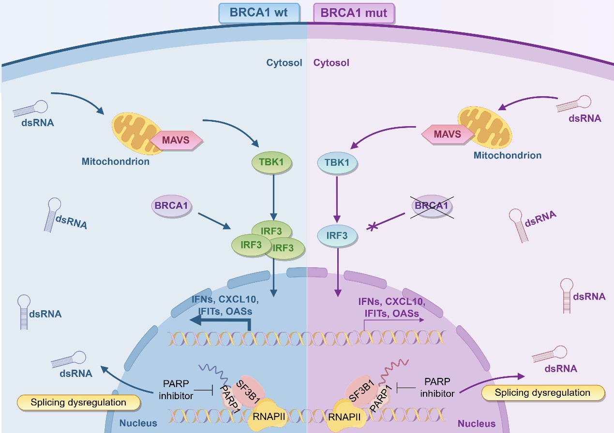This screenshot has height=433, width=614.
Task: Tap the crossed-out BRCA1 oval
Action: coord(432,206)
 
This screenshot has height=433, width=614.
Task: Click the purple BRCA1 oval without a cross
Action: coord(171,206)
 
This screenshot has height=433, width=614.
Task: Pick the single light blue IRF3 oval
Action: coord(337,236)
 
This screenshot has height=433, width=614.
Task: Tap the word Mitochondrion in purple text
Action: coord(507,155)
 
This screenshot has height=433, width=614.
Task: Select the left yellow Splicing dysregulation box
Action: coord(78,402)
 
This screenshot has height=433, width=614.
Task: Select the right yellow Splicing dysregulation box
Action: coord(543,393)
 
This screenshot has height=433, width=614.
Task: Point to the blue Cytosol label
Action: coord(284,63)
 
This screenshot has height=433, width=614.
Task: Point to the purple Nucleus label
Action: coord(477,424)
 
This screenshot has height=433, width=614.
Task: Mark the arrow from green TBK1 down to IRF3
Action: coord(274,196)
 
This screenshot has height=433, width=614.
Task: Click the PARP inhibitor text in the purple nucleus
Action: coord(437,387)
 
